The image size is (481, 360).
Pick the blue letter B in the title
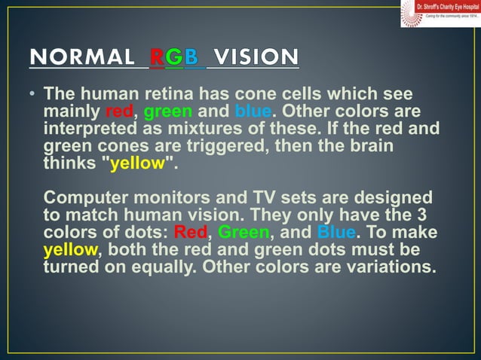pyautogui.click(x=193, y=57)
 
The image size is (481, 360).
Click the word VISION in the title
pyautogui.click(x=256, y=57)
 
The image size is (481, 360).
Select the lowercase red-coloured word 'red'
pyautogui.click(x=118, y=112)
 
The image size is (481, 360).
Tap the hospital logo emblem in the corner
pyautogui.click(x=409, y=13)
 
